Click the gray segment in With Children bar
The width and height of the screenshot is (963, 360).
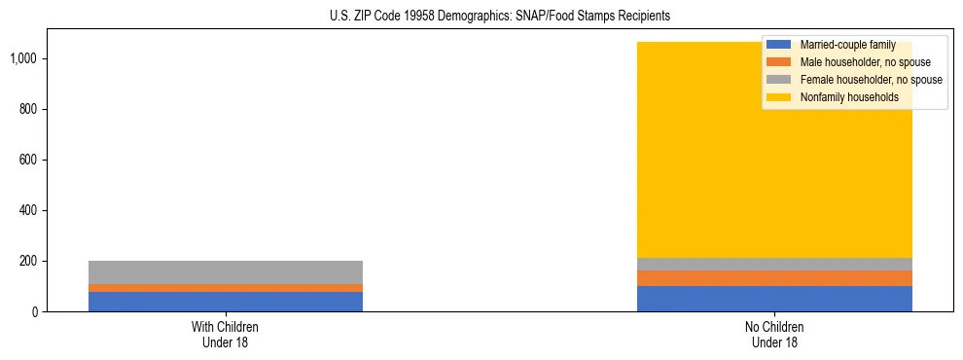(225, 272)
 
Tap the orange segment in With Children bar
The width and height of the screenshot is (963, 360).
(225, 288)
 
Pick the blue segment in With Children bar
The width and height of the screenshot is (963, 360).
(225, 302)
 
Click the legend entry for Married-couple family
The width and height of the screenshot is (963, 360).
(845, 45)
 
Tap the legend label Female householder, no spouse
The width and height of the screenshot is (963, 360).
(870, 80)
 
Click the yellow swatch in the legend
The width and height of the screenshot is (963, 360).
(779, 97)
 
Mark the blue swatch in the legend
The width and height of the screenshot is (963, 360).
(779, 45)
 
